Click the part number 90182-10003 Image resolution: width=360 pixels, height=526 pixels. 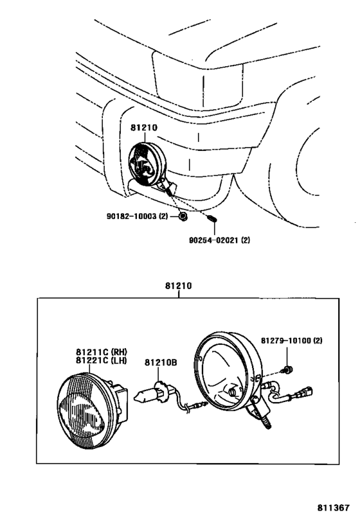click(132, 216)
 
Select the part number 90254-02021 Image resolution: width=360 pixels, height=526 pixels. click(214, 240)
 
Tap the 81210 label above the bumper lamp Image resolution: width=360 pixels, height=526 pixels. click(144, 128)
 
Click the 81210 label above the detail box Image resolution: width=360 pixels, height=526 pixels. click(178, 286)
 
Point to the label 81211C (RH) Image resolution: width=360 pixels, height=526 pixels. click(102, 352)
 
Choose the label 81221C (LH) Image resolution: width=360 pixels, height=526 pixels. click(102, 360)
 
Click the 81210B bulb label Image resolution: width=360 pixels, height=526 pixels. click(161, 363)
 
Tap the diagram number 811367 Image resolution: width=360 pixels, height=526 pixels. click(334, 507)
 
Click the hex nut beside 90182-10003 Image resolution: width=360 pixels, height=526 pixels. click(183, 216)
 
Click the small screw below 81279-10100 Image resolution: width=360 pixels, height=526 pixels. click(287, 370)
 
